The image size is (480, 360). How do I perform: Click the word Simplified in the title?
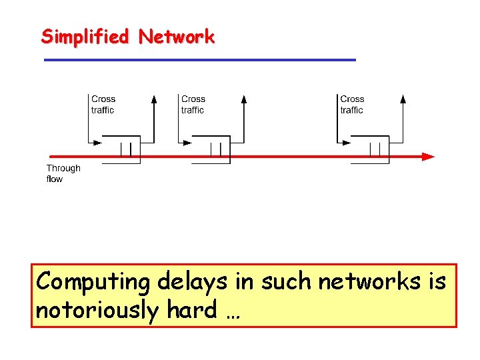pos(85,37)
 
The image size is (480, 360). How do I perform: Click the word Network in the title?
pos(177,37)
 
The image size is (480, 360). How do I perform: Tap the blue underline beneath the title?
pos(200,60)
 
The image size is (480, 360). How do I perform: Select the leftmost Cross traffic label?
pos(103,105)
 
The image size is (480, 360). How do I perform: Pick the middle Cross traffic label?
pos(193,105)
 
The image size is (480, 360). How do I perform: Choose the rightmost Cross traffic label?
pos(352,105)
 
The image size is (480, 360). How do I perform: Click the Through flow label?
pos(63,173)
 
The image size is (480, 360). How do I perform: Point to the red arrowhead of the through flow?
pos(427,157)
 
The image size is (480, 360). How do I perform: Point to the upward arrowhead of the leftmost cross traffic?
pos(154,99)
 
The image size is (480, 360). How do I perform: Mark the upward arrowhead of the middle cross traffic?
pos(244,99)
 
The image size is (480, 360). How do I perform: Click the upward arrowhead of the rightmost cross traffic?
pos(403,99)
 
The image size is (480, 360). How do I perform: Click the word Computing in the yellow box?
pos(93,283)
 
